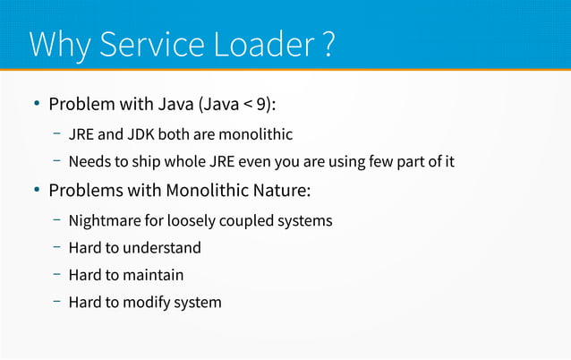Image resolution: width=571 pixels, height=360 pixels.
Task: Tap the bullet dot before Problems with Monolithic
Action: click(37, 191)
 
